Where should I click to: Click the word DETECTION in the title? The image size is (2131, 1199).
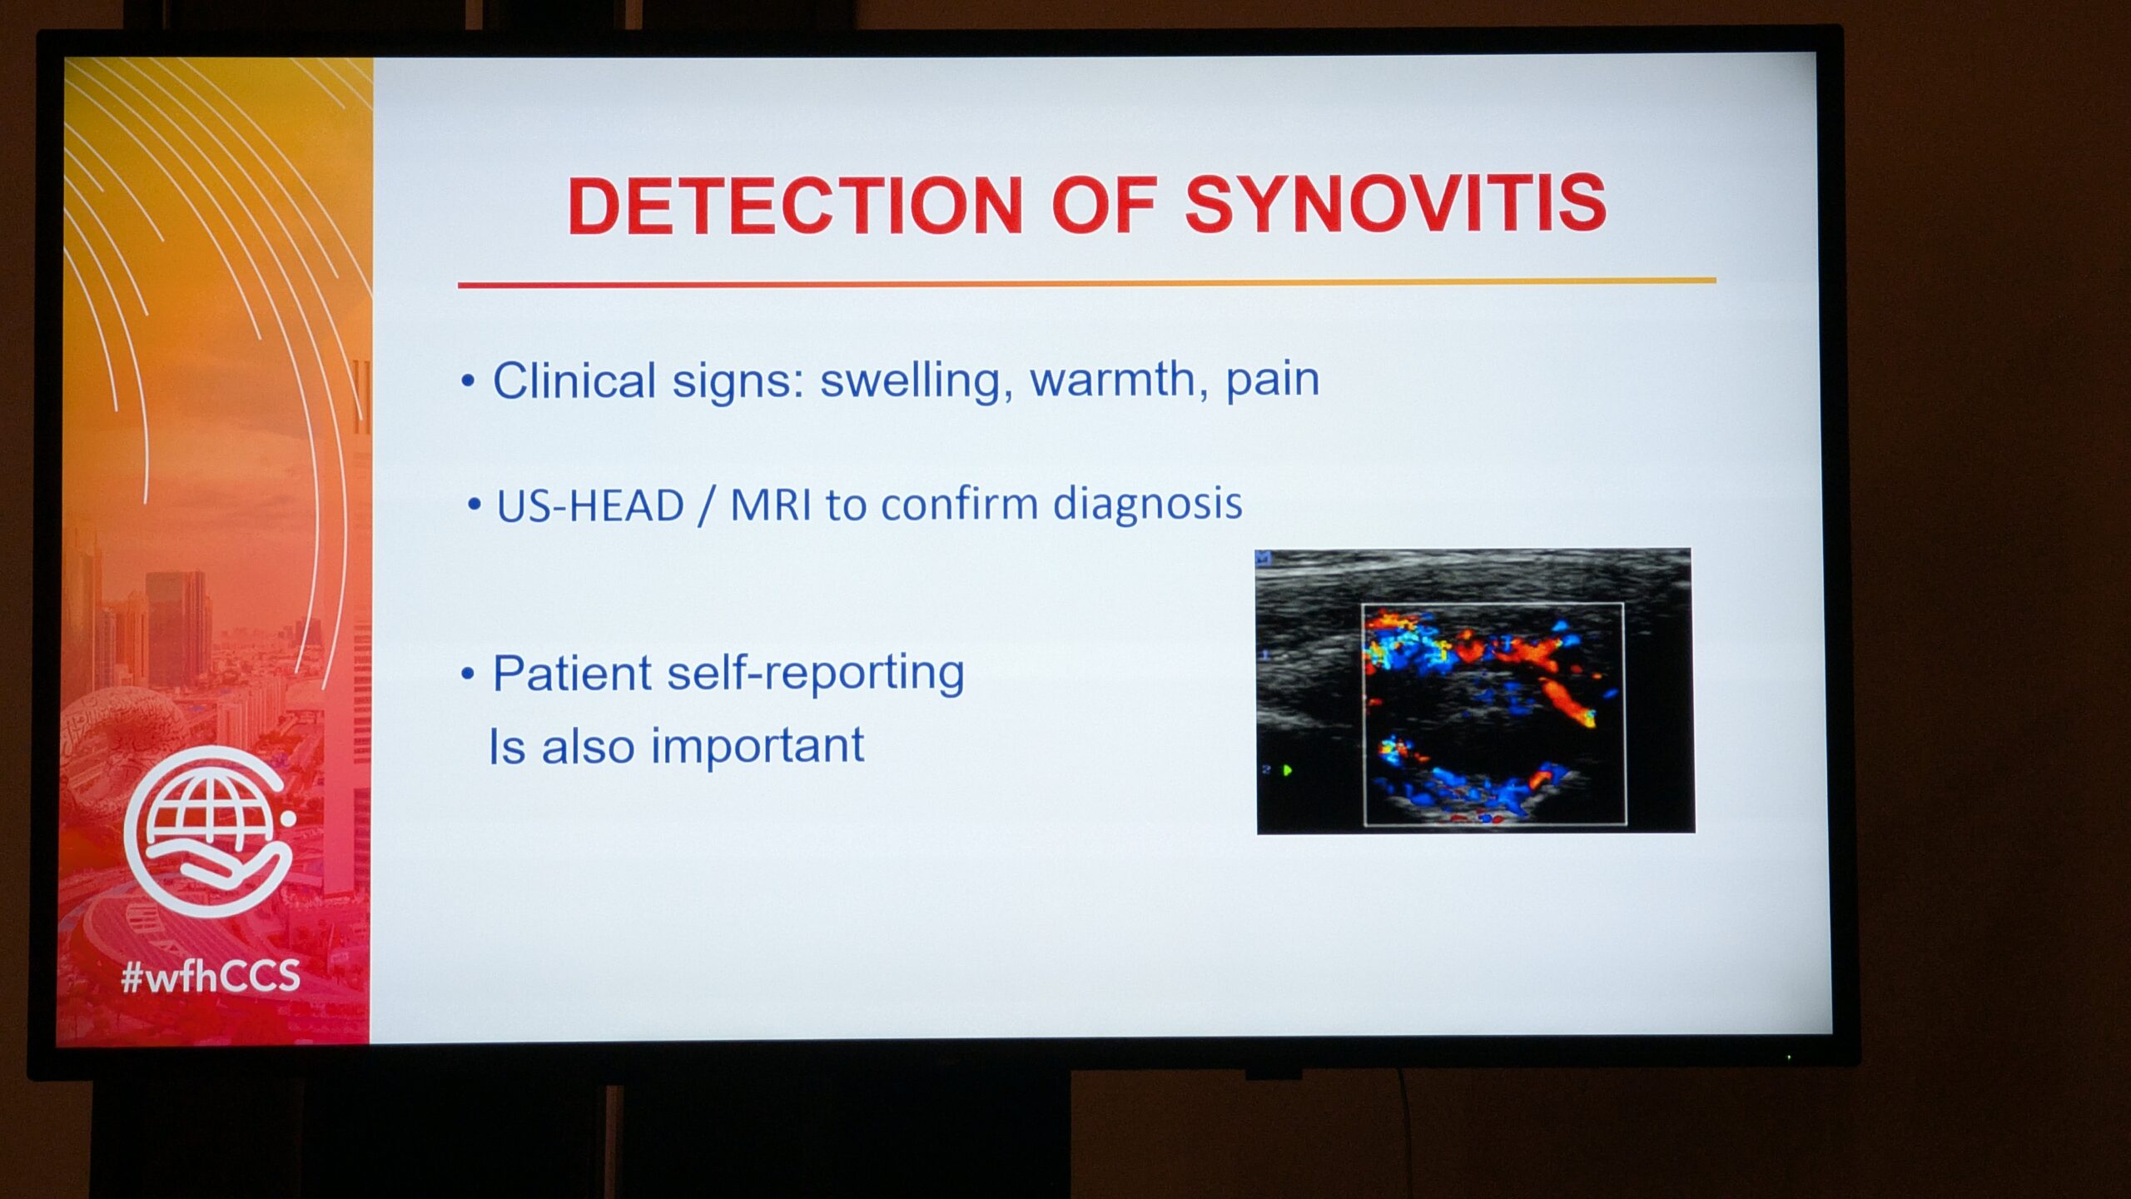pyautogui.click(x=795, y=206)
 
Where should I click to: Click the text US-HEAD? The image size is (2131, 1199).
pyautogui.click(x=590, y=505)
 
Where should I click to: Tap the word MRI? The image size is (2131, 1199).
pyautogui.click(x=771, y=505)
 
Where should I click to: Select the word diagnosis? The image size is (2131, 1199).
pyautogui.click(x=1147, y=504)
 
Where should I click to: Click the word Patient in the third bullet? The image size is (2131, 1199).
pyautogui.click(x=572, y=673)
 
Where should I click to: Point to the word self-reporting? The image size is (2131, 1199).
pyautogui.click(x=816, y=673)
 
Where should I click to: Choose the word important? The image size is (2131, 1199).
pyautogui.click(x=758, y=745)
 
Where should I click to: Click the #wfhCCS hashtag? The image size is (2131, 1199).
pyautogui.click(x=211, y=976)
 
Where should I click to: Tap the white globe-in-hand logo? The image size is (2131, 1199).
pyautogui.click(x=209, y=831)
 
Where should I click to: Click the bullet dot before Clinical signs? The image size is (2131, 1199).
pyautogui.click(x=468, y=381)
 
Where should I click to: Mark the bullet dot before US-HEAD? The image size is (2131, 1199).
pyautogui.click(x=474, y=504)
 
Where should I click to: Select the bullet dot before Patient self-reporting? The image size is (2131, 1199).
pyautogui.click(x=468, y=674)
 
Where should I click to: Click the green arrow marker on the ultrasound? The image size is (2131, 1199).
pyautogui.click(x=1288, y=770)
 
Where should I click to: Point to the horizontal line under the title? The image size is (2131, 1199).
pyautogui.click(x=1087, y=283)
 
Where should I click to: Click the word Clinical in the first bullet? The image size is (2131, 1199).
pyautogui.click(x=575, y=381)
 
